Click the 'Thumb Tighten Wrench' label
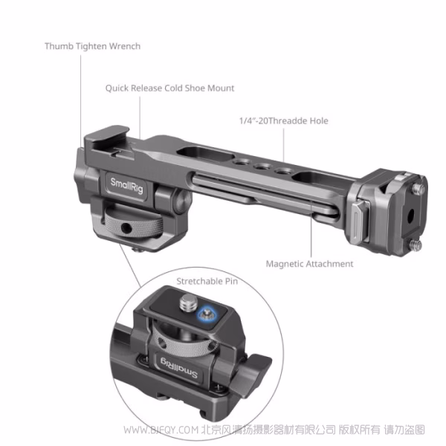click(92, 46)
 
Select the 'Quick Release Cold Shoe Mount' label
click(169, 88)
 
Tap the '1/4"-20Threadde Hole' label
click(283, 120)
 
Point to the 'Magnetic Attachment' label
click(309, 263)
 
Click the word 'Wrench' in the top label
click(124, 46)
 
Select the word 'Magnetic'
click(287, 263)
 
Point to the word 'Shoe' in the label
click(195, 88)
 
